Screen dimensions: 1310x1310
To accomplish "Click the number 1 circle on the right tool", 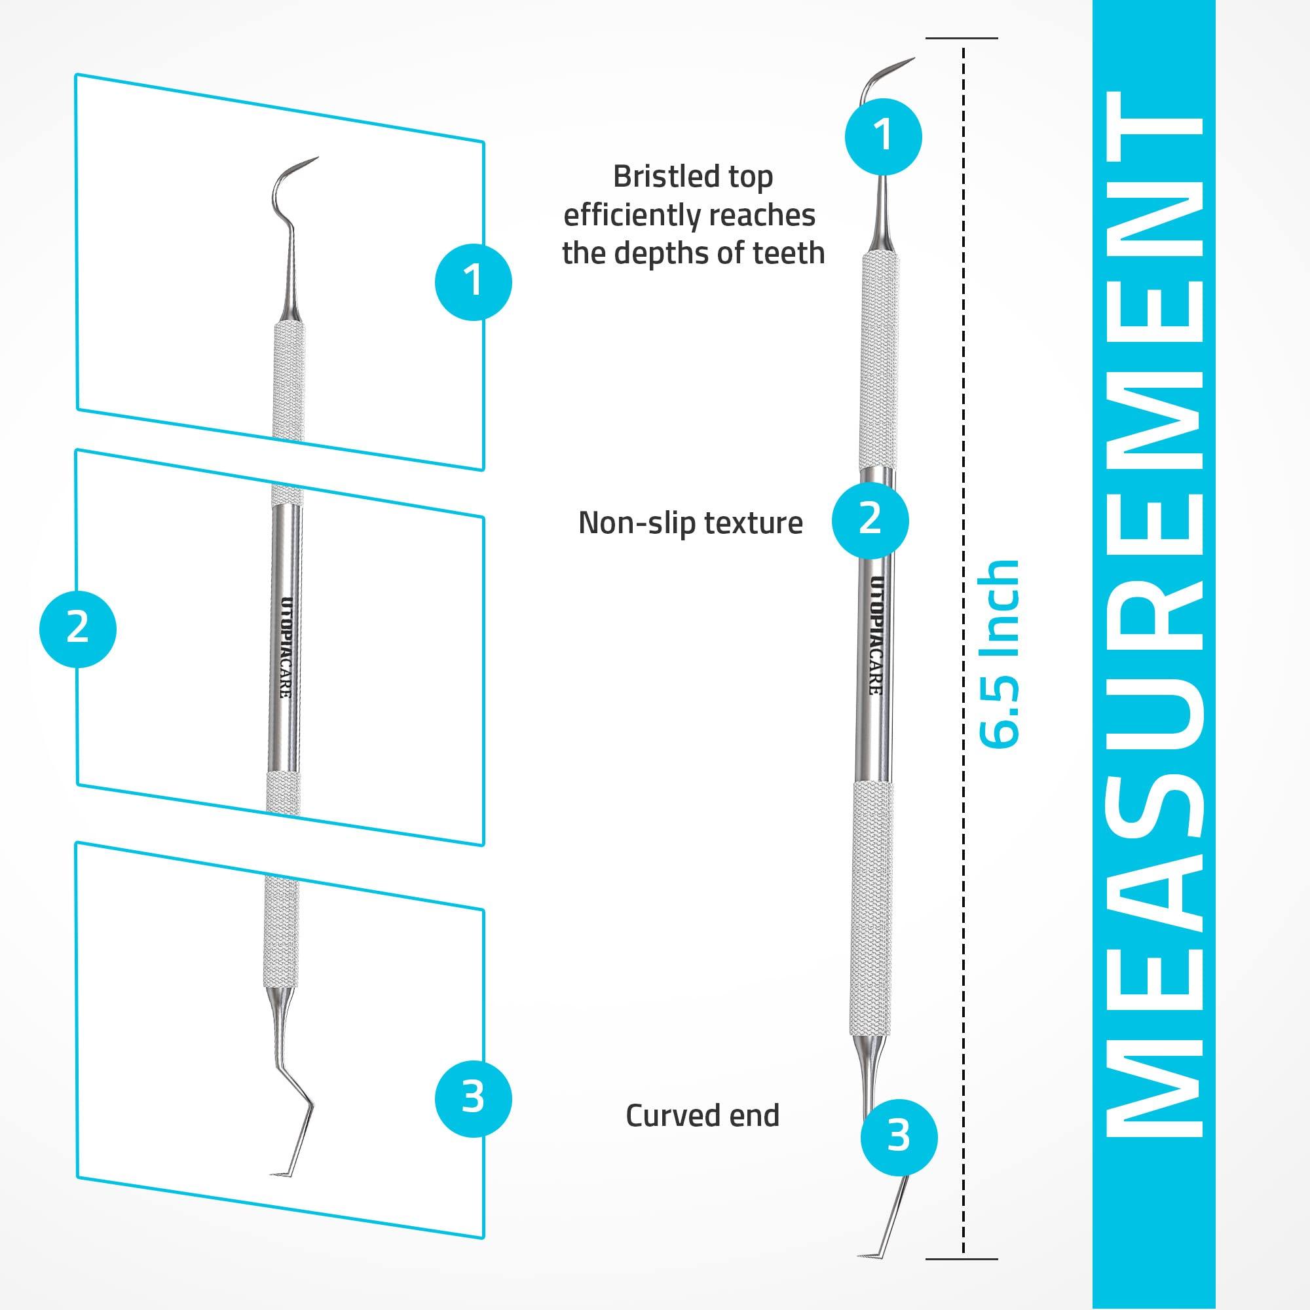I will [883, 136].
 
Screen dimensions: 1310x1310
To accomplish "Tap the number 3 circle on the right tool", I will [899, 1136].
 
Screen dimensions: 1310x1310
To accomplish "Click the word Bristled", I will [656, 178].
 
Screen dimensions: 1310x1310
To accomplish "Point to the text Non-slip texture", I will [690, 523].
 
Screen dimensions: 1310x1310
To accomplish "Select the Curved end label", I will [702, 1115].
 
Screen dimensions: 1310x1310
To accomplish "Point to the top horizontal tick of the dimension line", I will [962, 38].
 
